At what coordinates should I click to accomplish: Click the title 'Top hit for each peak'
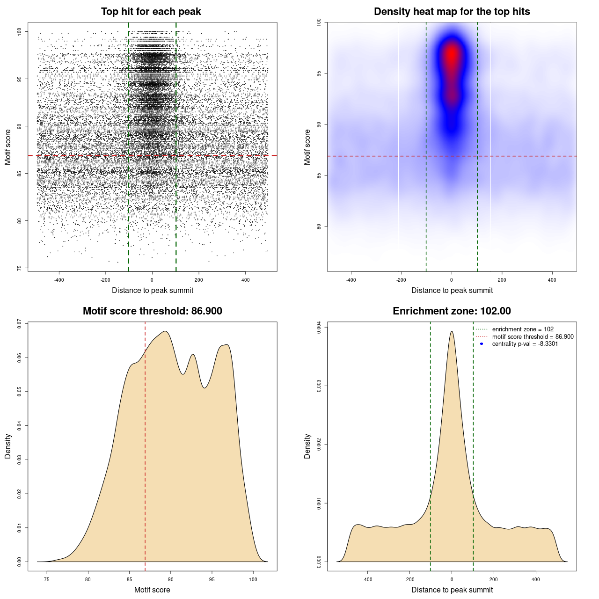151,12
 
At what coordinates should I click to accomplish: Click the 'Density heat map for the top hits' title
452,12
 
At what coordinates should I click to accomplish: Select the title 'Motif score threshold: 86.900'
152,311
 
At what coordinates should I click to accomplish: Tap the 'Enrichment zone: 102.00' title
452,311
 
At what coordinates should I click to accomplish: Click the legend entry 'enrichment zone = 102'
522,329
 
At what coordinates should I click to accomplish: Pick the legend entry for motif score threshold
533,337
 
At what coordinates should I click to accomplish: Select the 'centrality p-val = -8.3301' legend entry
525,344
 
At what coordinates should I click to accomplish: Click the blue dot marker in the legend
482,344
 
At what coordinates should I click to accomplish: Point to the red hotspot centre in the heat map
452,55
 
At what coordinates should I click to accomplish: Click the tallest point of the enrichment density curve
452,331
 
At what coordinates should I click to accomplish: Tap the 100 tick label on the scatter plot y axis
19,31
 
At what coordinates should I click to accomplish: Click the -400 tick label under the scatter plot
59,280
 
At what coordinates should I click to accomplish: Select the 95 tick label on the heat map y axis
319,73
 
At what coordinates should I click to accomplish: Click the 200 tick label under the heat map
502,280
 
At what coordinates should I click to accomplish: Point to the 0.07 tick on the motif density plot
19,323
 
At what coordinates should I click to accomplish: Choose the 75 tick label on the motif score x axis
46,580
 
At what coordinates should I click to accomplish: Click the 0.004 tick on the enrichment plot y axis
319,328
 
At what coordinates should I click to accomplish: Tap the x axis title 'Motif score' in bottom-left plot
152,590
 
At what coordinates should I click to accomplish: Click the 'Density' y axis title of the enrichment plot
307,446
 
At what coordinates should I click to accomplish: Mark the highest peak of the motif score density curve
165,331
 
